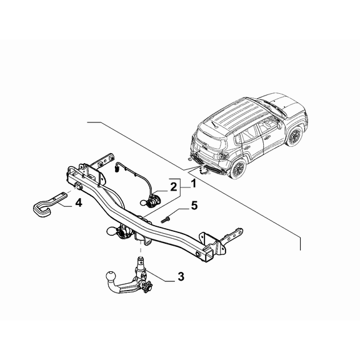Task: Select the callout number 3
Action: tap(181, 276)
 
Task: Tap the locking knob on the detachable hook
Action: tap(149, 287)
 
